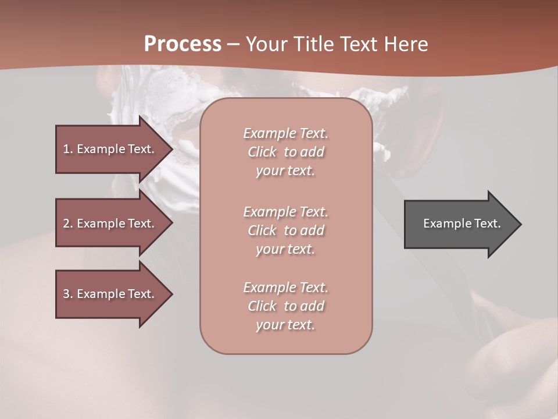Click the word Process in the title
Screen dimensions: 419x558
(183, 44)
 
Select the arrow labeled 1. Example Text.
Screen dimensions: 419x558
(110, 149)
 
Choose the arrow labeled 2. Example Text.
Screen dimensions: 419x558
(110, 223)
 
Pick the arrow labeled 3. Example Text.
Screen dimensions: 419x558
(110, 294)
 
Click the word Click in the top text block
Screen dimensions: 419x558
(262, 152)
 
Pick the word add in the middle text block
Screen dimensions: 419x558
(312, 230)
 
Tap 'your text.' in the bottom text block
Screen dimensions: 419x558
(285, 325)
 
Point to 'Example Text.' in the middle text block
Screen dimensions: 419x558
(285, 212)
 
